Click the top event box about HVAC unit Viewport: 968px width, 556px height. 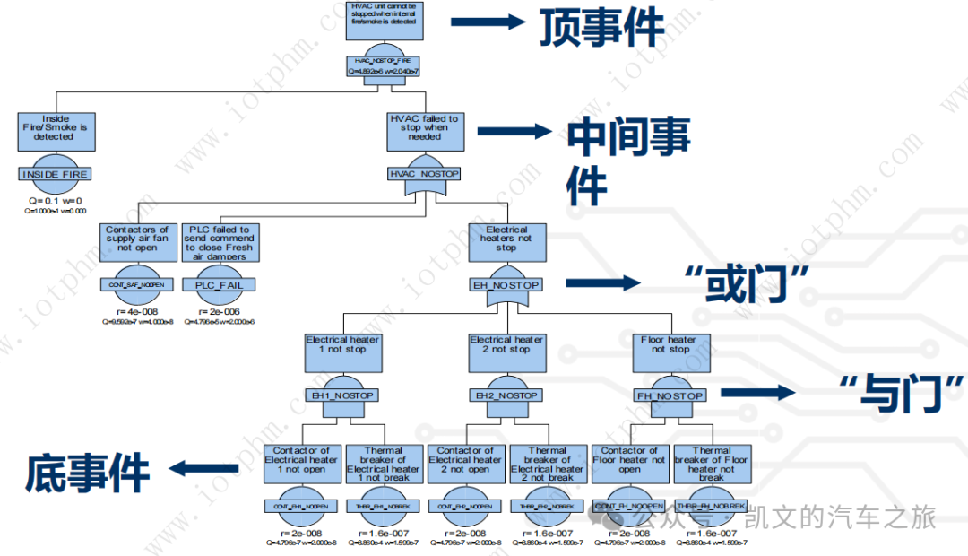(385, 21)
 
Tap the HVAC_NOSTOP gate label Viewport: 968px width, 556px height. (424, 173)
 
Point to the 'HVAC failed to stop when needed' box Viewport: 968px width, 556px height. (424, 127)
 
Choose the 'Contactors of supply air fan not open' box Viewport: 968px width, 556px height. (136, 239)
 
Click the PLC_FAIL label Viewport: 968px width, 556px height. (219, 285)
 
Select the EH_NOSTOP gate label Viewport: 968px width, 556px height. (506, 285)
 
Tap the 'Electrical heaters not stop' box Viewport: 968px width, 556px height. (506, 239)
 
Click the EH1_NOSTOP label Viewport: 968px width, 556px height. (342, 395)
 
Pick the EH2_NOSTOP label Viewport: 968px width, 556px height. (506, 395)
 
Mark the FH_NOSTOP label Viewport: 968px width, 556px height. (670, 395)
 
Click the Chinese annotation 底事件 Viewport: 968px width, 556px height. (86, 471)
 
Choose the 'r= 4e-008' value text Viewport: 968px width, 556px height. (136, 311)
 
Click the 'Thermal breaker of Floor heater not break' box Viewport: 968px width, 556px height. (712, 464)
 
